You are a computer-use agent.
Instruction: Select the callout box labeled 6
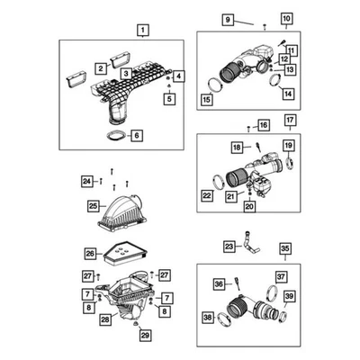[x=137, y=136]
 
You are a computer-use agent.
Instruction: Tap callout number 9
[x=228, y=20]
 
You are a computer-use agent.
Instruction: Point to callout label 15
[x=208, y=98]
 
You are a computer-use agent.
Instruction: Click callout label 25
[x=92, y=206]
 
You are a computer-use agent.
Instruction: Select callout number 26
[x=90, y=254]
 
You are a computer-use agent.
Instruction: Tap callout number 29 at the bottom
[x=142, y=336]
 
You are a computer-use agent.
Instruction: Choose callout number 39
[x=289, y=297]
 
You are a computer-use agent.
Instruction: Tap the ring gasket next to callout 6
[x=115, y=137]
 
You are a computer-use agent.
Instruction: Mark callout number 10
[x=286, y=20]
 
